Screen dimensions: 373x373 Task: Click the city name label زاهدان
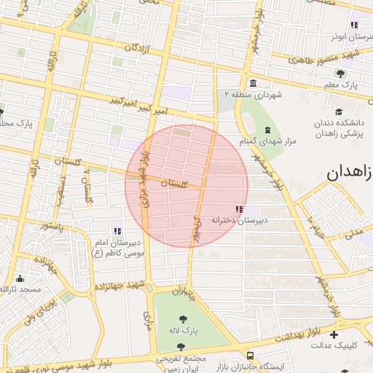pos(349,173)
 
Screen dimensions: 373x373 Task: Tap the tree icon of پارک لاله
pos(181,318)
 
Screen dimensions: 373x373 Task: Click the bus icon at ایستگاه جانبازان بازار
pos(251,356)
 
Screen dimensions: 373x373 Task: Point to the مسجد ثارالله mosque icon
pos(20,278)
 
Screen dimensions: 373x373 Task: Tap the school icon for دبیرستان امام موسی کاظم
pos(117,231)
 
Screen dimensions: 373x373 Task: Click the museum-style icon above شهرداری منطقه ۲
pos(252,83)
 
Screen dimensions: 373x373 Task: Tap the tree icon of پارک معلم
pos(340,74)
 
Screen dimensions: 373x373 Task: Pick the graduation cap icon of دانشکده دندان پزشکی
pos(339,111)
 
